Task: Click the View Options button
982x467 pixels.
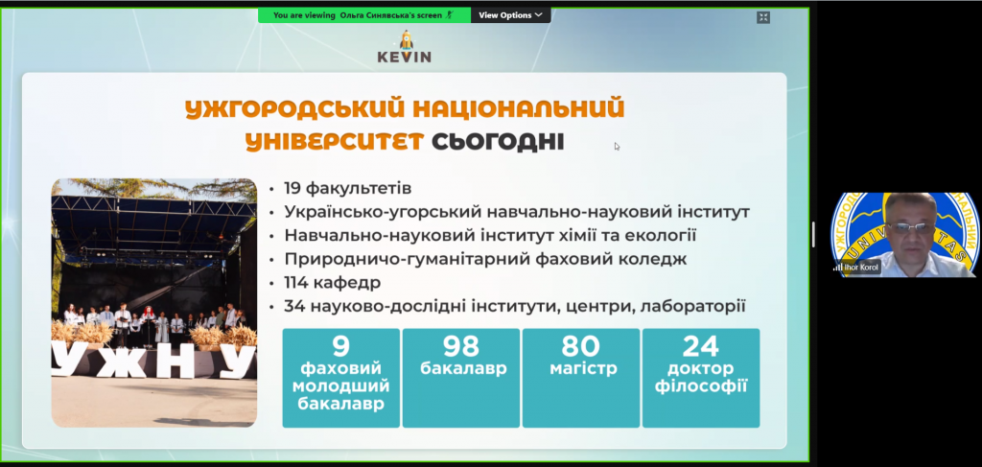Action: pyautogui.click(x=510, y=15)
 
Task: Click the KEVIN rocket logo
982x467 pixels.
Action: pyautogui.click(x=404, y=46)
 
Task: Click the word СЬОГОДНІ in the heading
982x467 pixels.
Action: pyautogui.click(x=498, y=142)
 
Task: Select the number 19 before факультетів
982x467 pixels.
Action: pyautogui.click(x=293, y=188)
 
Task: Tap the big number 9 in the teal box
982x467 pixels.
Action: pyautogui.click(x=340, y=345)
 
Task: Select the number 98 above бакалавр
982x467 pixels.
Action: pyautogui.click(x=461, y=345)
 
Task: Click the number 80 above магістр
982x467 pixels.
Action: pyautogui.click(x=580, y=345)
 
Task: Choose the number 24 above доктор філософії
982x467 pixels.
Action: pyautogui.click(x=701, y=345)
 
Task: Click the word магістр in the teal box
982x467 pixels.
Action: pyautogui.click(x=583, y=369)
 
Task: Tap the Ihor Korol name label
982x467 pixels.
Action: pyautogui.click(x=861, y=268)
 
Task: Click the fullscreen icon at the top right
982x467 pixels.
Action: pyautogui.click(x=762, y=17)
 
